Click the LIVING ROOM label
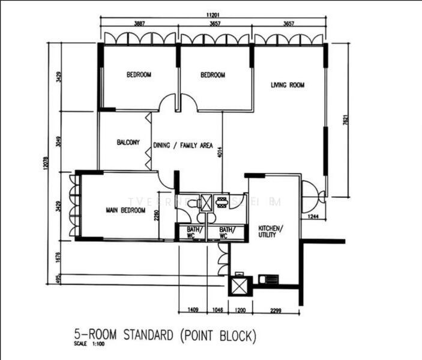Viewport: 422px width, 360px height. (x=287, y=85)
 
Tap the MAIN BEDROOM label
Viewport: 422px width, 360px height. (x=125, y=211)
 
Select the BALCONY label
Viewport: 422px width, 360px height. (x=128, y=143)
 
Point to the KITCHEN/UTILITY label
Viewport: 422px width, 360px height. (x=267, y=232)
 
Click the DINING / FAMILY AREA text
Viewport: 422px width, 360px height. (x=183, y=145)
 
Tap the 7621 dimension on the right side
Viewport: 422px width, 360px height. (x=345, y=120)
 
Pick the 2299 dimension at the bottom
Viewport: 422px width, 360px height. (x=276, y=311)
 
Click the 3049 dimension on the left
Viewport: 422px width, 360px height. (x=58, y=142)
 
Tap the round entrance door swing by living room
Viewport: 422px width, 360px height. (x=313, y=193)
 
